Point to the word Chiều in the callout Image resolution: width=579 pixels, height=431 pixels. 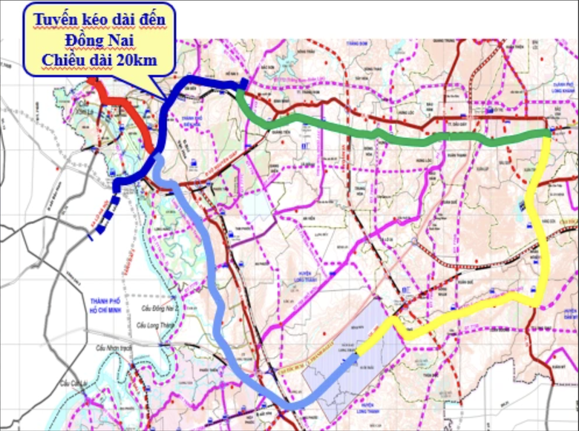pos(65,59)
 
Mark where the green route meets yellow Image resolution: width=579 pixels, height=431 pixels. pos(547,134)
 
